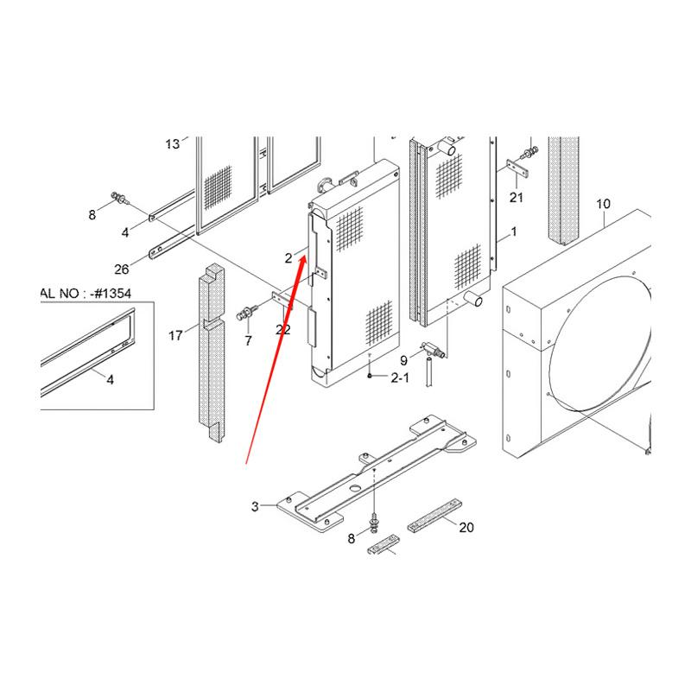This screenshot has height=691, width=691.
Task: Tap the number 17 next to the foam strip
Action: click(175, 335)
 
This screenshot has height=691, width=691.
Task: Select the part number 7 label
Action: click(248, 341)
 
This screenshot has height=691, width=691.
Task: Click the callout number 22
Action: click(282, 329)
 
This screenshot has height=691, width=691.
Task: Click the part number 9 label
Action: click(403, 359)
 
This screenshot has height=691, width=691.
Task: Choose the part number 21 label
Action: click(517, 198)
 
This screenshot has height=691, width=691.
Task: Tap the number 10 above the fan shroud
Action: click(603, 204)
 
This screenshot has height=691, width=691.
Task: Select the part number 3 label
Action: click(256, 506)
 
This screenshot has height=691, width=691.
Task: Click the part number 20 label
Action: click(466, 527)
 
